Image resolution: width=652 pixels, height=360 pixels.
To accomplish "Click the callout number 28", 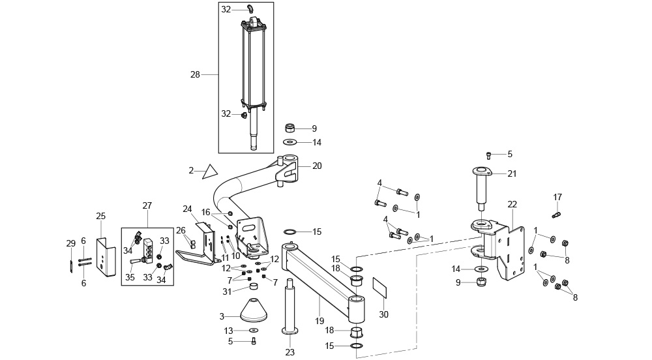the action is pyautogui.click(x=195, y=75).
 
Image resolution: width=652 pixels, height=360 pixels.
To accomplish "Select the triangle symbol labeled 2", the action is pyautogui.click(x=210, y=172).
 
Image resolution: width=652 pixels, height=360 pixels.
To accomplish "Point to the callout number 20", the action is pyautogui.click(x=317, y=166).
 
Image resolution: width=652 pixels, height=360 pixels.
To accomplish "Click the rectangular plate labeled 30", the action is pyautogui.click(x=379, y=288).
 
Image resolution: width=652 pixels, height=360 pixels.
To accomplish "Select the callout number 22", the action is pyautogui.click(x=512, y=205).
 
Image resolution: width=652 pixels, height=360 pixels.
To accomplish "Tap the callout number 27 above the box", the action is pyautogui.click(x=147, y=206).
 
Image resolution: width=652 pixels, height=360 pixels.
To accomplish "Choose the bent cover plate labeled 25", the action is pyautogui.click(x=106, y=257).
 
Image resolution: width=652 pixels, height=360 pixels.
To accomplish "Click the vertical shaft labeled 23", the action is pyautogui.click(x=290, y=307).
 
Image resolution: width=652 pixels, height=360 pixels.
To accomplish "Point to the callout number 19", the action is pyautogui.click(x=319, y=321).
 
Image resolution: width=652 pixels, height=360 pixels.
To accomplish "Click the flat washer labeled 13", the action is pyautogui.click(x=253, y=331).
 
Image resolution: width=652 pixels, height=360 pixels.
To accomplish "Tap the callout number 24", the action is pyautogui.click(x=188, y=209).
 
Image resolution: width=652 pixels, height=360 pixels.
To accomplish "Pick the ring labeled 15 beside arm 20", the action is pyautogui.click(x=290, y=232).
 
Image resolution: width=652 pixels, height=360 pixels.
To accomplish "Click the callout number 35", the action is pyautogui.click(x=130, y=277).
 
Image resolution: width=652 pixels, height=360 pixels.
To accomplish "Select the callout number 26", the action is pyautogui.click(x=181, y=230).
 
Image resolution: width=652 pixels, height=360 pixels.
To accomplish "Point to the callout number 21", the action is pyautogui.click(x=512, y=173).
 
